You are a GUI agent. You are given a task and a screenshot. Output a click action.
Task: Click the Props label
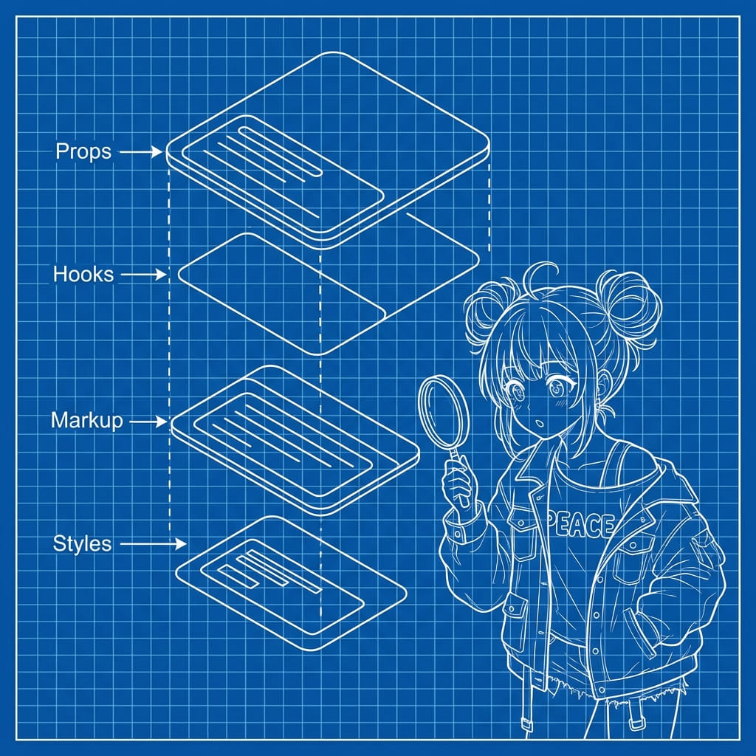tap(83, 151)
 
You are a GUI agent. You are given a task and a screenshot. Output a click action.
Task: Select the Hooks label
tap(83, 275)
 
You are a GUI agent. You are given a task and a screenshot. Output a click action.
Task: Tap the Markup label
tap(87, 422)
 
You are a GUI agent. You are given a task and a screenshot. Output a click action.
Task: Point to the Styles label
tap(83, 544)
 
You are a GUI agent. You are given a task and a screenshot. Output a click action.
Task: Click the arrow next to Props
tap(140, 152)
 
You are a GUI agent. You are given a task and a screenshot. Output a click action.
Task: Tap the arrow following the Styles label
tap(152, 545)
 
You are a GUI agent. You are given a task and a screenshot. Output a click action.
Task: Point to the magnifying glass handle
tap(460, 472)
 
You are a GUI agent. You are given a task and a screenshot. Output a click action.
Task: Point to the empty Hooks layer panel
tap(325, 292)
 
